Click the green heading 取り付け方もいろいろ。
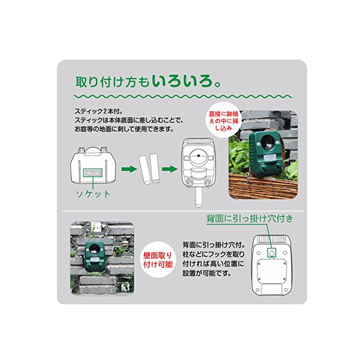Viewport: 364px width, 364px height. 148,82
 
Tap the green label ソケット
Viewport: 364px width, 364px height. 93,194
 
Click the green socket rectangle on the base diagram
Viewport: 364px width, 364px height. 93,173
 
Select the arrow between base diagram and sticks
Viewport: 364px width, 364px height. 129,169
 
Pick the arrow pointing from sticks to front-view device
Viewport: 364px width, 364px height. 170,169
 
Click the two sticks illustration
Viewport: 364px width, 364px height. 149,169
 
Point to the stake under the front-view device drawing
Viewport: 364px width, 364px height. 198,197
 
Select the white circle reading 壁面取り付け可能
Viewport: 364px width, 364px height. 158,260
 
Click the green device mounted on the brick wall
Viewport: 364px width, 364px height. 95,257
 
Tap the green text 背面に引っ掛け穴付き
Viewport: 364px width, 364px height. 250,219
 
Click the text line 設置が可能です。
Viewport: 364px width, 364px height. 207,273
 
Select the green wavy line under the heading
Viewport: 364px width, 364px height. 183,96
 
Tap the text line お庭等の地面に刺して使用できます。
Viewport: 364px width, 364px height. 124,129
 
